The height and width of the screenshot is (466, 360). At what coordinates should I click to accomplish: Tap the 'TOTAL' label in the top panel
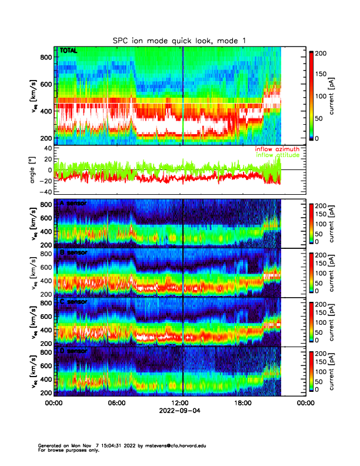tap(69, 52)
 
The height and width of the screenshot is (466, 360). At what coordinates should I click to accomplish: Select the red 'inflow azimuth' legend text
tap(276, 149)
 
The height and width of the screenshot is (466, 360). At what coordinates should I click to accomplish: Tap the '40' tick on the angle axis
tap(45, 148)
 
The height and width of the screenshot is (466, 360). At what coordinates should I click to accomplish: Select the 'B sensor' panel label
tap(74, 253)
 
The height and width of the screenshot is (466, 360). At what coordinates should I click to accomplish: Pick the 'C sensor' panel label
tap(74, 302)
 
